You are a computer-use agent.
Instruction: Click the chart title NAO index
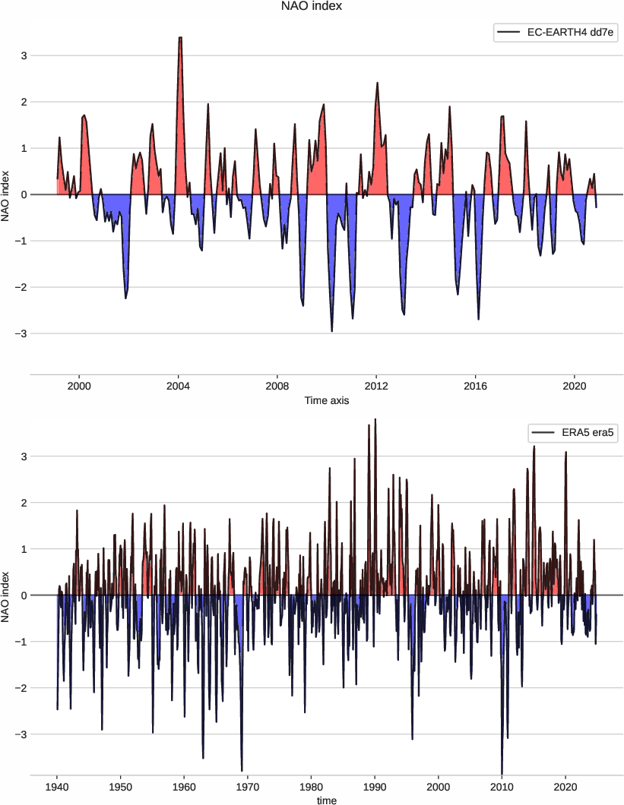click(x=312, y=7)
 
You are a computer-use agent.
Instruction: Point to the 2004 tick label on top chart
click(x=178, y=385)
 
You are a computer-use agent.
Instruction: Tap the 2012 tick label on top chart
click(x=376, y=385)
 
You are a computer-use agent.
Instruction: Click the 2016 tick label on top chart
click(x=475, y=385)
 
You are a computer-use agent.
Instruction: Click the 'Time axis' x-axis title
click(x=326, y=400)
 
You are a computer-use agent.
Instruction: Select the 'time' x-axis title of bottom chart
click(x=326, y=800)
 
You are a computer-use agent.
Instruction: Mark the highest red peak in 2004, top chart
click(x=180, y=38)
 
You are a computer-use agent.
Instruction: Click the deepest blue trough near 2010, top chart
click(x=331, y=330)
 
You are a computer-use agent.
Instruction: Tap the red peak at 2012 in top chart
click(x=377, y=83)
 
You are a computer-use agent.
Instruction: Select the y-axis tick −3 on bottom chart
click(x=21, y=734)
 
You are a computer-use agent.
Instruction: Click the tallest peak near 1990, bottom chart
click(x=375, y=419)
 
